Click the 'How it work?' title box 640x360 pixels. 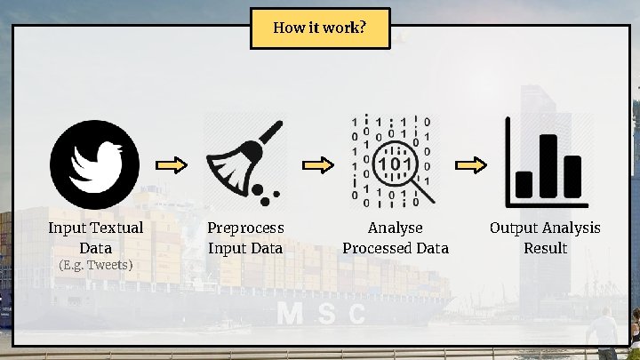point(319,28)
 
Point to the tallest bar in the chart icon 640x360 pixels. point(548,165)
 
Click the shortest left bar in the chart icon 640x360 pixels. point(524,184)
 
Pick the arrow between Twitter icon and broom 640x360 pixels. point(172,165)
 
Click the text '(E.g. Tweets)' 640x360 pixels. point(95,265)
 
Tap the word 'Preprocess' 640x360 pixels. point(245,228)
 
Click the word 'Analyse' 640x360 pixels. point(396,228)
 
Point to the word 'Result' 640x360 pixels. point(545,248)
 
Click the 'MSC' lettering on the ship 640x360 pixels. point(322,313)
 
